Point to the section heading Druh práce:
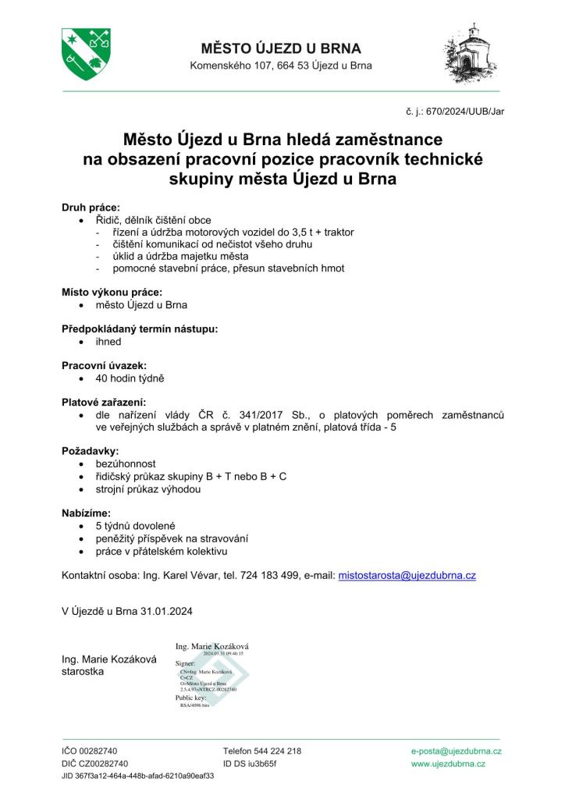91,208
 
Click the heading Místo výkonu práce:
112,292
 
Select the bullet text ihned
108,342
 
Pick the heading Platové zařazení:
104,403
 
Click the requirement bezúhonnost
126,463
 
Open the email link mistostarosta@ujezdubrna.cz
407,575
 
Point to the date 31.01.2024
165,610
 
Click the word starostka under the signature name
84,671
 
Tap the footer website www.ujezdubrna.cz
448,764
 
